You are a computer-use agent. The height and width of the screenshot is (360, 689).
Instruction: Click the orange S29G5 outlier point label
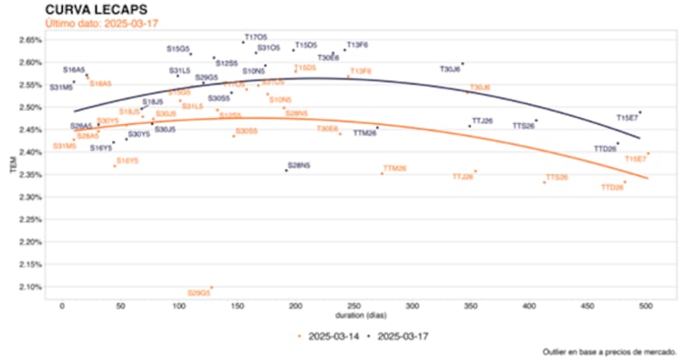click(x=198, y=294)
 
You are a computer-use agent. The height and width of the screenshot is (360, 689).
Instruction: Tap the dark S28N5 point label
click(x=298, y=164)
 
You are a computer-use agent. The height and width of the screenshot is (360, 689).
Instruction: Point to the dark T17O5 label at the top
click(x=256, y=38)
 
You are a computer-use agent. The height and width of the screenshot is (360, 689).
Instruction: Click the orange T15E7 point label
click(x=636, y=159)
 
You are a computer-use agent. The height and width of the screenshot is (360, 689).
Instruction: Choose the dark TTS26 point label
click(x=524, y=126)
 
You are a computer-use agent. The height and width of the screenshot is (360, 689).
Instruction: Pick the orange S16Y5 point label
click(x=127, y=161)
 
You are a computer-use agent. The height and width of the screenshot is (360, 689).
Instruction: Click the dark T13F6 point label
click(x=357, y=44)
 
